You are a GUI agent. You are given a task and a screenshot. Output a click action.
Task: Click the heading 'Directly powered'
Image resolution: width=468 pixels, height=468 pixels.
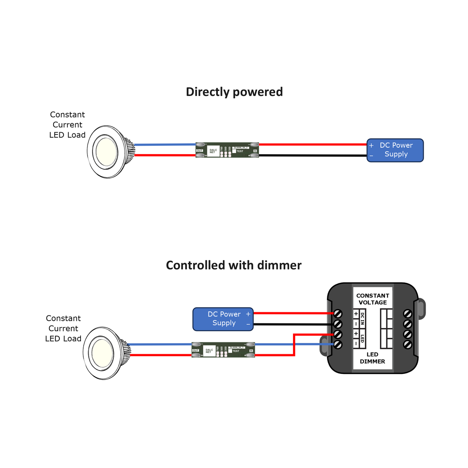point(234,92)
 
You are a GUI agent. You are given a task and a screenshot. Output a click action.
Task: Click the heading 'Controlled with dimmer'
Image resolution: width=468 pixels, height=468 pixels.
point(234,265)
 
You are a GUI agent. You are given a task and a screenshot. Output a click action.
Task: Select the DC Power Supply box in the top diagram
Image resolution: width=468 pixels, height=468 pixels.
point(395,150)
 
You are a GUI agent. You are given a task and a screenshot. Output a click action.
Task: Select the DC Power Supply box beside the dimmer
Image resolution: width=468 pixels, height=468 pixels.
point(223,319)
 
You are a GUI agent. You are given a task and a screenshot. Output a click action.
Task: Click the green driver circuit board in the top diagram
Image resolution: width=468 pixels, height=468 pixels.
point(227,150)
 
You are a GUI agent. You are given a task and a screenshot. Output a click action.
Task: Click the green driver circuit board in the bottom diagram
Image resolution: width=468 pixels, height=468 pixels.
point(223,350)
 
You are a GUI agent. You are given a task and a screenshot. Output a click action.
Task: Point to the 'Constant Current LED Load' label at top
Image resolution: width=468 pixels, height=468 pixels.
point(67,125)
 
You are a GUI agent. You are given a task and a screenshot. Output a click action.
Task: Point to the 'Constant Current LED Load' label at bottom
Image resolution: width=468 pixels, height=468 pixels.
point(63,328)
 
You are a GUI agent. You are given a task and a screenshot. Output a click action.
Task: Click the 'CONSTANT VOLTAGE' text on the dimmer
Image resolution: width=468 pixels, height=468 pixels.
point(372,299)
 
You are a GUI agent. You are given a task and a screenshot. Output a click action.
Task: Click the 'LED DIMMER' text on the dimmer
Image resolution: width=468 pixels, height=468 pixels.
point(372,358)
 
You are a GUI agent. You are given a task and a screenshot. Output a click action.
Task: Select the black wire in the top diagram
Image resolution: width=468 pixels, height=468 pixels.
point(312,156)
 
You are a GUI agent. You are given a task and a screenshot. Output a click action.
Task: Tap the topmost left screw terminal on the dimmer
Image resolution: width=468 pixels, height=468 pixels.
point(338,313)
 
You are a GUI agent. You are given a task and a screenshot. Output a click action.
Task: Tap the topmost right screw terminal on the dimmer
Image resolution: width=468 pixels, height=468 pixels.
point(407,314)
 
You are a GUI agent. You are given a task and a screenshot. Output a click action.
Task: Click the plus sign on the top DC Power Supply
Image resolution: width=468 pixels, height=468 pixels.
point(371,145)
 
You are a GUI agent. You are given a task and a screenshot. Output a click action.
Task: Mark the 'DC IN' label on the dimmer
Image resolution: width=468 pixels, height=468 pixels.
point(362,319)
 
